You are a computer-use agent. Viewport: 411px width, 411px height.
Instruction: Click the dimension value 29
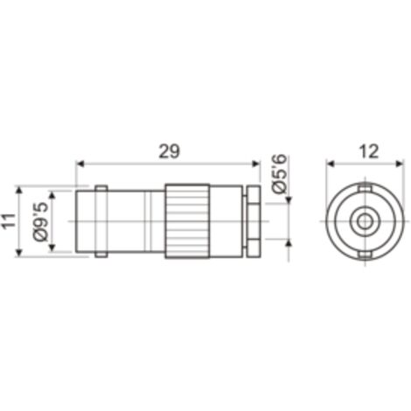pos(170,151)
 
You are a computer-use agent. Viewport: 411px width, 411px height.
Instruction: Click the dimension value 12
pos(369,151)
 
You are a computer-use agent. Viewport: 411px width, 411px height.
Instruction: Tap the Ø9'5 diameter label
pos(40,222)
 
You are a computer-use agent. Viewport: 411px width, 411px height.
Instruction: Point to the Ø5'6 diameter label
pos(280,174)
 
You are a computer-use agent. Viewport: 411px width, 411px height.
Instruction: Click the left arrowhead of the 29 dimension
pos(80,164)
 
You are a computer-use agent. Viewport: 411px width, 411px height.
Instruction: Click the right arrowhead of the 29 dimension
pos(255,164)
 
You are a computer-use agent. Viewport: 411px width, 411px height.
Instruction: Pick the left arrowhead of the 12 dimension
pos(330,164)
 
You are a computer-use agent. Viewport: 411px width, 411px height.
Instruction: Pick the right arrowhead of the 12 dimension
pos(400,164)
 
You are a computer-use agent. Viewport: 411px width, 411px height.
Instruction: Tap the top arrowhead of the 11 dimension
pos(19,192)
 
